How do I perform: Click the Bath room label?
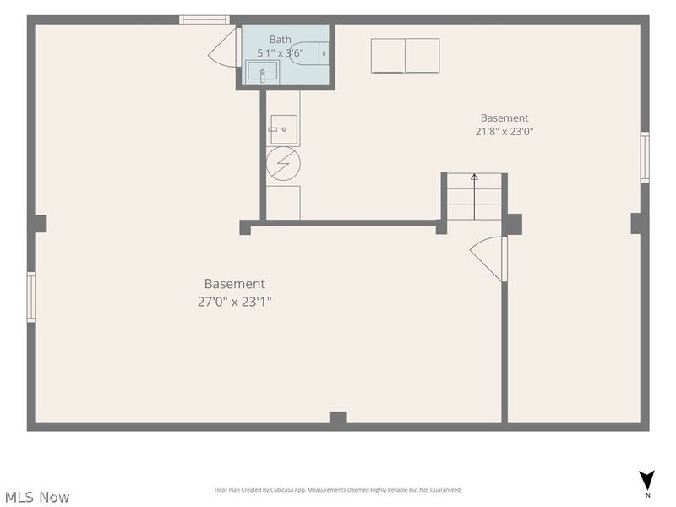[x=281, y=39]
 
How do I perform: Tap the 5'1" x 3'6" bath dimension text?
[x=281, y=53]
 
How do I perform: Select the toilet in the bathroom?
[x=308, y=53]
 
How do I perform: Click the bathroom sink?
[x=262, y=72]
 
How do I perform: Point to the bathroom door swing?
[x=224, y=47]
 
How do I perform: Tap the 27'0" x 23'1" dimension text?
[x=235, y=302]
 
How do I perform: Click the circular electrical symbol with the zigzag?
[x=283, y=163]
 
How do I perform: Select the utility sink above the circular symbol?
[x=284, y=129]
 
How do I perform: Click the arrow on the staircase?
[x=474, y=197]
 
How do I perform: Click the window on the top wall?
[x=204, y=19]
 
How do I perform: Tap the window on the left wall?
[x=31, y=297]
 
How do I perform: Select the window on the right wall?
[x=645, y=157]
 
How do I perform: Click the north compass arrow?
[x=646, y=480]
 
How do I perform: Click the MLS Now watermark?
[x=37, y=497]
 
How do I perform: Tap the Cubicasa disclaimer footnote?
[x=338, y=490]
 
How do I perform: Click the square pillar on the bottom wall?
[x=338, y=417]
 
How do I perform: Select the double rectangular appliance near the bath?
[x=406, y=56]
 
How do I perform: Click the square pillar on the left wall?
[x=40, y=224]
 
